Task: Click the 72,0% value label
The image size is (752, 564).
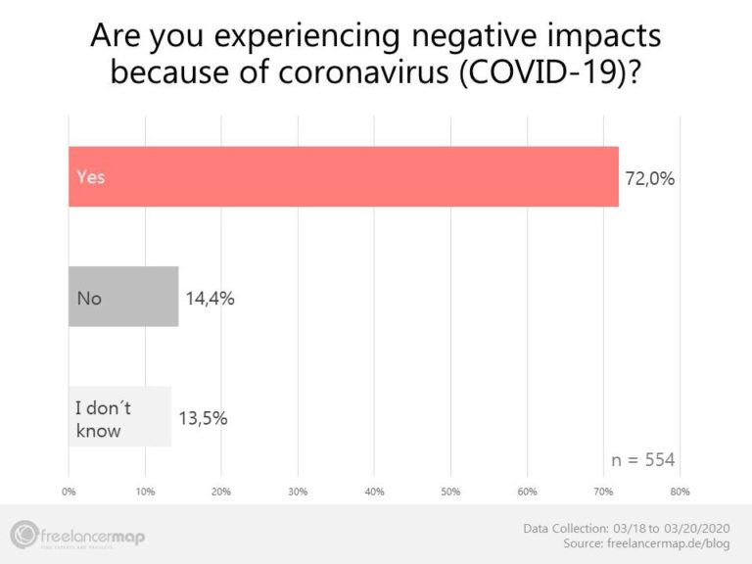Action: click(650, 179)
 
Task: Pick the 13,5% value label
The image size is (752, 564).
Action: click(204, 418)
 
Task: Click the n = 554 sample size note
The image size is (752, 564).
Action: click(642, 460)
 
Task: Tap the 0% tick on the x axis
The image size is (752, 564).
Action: click(69, 491)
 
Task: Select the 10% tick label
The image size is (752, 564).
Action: click(145, 491)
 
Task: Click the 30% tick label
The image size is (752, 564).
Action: click(298, 491)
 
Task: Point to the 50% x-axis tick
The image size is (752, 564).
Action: click(450, 491)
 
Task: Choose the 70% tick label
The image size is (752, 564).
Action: click(604, 491)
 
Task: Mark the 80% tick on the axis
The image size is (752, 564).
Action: click(681, 491)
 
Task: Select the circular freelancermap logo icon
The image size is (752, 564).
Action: click(24, 535)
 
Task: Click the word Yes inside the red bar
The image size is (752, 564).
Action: click(90, 177)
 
